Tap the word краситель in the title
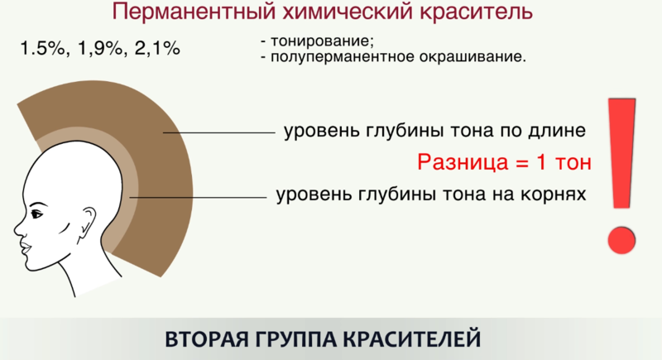(x=477, y=12)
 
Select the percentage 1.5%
(x=43, y=49)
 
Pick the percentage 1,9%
(x=100, y=49)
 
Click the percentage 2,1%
(x=157, y=49)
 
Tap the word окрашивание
(x=473, y=56)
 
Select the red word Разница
(x=463, y=162)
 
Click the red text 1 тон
(x=564, y=161)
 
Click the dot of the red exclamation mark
(x=621, y=240)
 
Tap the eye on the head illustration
(x=36, y=214)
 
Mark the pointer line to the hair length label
(x=218, y=132)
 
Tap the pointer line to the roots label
(x=198, y=197)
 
